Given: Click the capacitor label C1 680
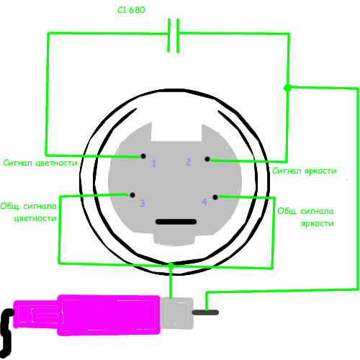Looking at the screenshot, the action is point(131,10).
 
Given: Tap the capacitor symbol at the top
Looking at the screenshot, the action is point(173,35).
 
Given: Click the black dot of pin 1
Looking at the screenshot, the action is point(143,156).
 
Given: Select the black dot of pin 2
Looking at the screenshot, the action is point(207,159).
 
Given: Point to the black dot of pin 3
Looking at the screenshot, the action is point(132,195).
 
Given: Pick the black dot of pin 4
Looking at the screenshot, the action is point(215,197).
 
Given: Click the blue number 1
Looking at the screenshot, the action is point(154,163).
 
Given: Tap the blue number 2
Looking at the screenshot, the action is point(189,162).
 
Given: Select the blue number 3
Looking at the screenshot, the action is point(143,203).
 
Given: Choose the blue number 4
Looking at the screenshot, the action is point(204,202).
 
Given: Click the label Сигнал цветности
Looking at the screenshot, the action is point(40,163).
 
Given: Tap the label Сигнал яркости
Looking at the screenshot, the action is point(305,171).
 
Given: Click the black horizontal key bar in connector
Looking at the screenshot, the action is point(176,222).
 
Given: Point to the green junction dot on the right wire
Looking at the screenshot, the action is point(287,88).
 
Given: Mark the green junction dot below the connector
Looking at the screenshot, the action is point(171,265).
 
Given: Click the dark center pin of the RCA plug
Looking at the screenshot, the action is point(205,312).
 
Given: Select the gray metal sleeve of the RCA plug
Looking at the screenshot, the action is point(177,313).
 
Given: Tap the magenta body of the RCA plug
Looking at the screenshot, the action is point(86,315).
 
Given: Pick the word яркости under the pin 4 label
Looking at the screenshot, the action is point(317,224).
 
